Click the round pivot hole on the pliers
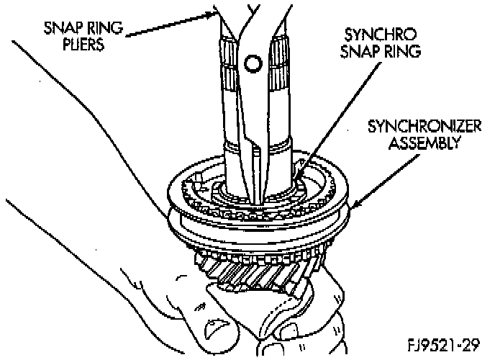[251, 65]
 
